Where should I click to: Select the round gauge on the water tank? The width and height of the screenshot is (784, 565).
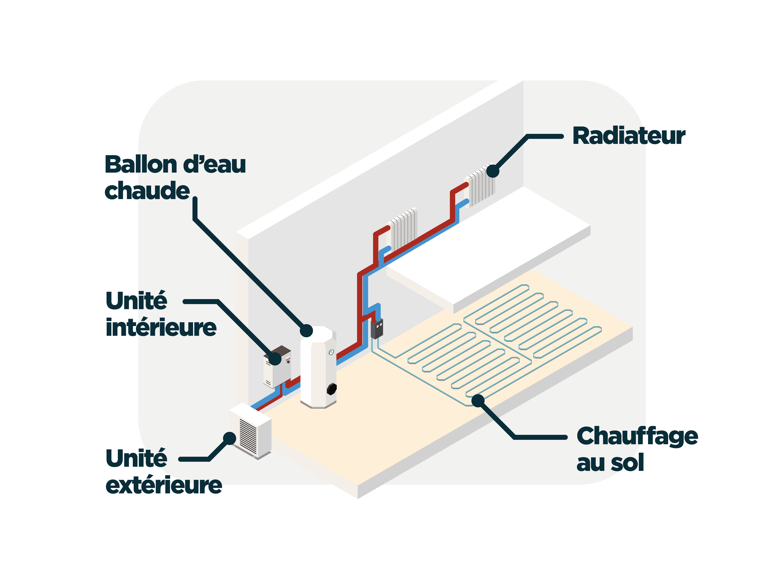point(331,352)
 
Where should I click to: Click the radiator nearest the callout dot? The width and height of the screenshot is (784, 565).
point(480,185)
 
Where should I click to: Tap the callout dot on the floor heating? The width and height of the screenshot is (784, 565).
point(478,401)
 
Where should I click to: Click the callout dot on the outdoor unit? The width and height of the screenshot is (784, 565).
point(230,438)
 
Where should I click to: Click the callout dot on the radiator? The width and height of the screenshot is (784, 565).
point(493,171)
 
